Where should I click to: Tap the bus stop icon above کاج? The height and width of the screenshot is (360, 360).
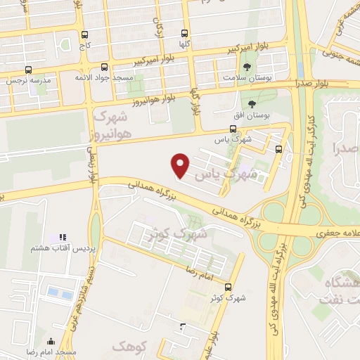click(85, 34)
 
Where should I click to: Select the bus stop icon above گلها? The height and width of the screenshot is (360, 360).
click(185, 32)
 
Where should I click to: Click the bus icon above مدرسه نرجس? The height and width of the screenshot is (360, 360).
click(28, 70)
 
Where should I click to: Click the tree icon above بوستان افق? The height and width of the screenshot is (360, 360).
click(252, 104)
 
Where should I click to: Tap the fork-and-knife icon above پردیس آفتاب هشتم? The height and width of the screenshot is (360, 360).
click(61, 238)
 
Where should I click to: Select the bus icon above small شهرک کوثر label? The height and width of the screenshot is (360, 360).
click(228, 287)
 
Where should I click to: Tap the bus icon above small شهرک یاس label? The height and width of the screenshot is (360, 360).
click(233, 129)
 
